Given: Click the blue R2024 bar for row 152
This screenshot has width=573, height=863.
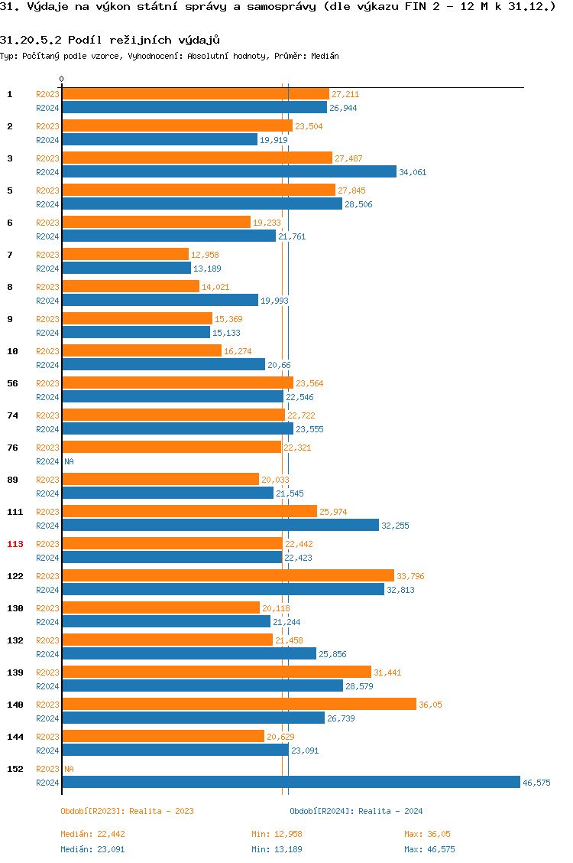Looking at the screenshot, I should pyautogui.click(x=290, y=782).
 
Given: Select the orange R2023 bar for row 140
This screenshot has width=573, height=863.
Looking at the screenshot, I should pyautogui.click(x=238, y=704).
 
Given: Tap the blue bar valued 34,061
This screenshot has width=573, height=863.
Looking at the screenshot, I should pyautogui.click(x=229, y=171).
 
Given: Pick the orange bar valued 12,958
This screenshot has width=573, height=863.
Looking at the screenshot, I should pyautogui.click(x=125, y=254).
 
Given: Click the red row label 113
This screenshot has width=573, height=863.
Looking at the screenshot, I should pyautogui.click(x=16, y=544).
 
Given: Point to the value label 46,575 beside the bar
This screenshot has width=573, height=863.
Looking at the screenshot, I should pyautogui.click(x=536, y=783).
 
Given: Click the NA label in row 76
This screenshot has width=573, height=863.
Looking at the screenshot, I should pyautogui.click(x=69, y=461).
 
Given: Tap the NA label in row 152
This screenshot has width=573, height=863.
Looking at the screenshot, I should pyautogui.click(x=69, y=769).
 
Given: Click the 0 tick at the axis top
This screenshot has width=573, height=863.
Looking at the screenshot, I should pyautogui.click(x=62, y=80).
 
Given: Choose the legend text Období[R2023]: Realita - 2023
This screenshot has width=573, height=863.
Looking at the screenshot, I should pyautogui.click(x=127, y=811).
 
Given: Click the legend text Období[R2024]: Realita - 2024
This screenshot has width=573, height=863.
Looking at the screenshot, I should pyautogui.click(x=356, y=811).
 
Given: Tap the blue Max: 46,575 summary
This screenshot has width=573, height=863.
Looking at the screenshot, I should pyautogui.click(x=429, y=849).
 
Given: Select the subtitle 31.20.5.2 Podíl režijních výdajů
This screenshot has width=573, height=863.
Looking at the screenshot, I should pyautogui.click(x=110, y=40).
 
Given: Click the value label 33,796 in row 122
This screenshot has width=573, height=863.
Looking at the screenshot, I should pyautogui.click(x=410, y=576).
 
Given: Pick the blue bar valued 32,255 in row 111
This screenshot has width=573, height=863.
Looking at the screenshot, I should pyautogui.click(x=220, y=525).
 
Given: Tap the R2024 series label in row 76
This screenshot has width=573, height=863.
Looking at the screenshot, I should pyautogui.click(x=47, y=461).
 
